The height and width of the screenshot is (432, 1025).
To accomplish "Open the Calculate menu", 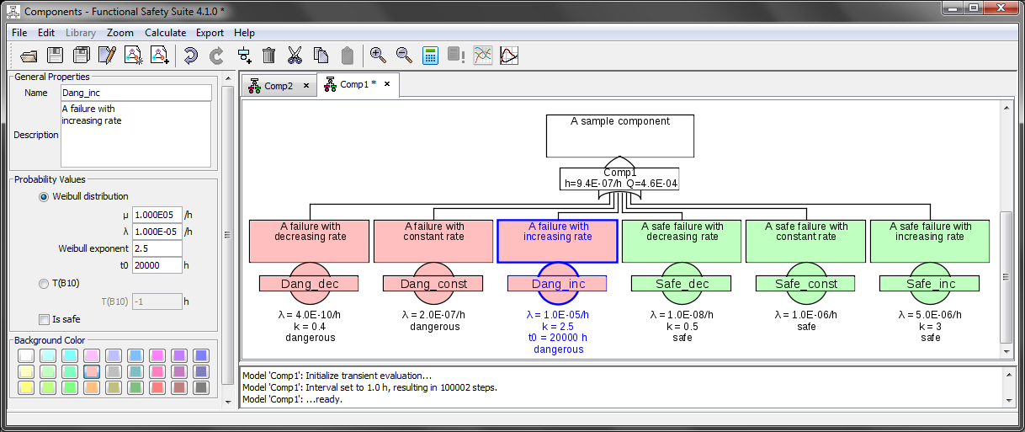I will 165,33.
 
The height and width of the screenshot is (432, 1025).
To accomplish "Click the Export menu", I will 210,33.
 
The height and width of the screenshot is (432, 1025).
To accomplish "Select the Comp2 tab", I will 278,86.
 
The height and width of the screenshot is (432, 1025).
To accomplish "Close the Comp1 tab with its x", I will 387,84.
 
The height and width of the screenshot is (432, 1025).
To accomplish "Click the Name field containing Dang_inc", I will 135,93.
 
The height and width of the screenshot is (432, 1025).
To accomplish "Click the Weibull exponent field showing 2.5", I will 157,248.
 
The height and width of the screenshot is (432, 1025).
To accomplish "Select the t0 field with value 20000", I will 157,265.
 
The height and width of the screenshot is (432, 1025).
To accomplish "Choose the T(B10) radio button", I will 44,284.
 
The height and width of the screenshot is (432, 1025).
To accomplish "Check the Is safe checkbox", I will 44,319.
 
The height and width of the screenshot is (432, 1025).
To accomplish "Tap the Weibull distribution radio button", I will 44,196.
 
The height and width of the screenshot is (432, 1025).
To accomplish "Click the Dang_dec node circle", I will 309,284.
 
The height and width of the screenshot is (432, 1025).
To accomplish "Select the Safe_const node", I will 805,284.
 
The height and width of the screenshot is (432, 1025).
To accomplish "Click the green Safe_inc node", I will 930,284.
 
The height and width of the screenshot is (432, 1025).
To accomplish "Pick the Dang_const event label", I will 433,284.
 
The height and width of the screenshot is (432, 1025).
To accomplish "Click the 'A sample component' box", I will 620,136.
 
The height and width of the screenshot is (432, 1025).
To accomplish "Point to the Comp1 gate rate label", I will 620,183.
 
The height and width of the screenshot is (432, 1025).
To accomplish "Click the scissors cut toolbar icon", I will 295,56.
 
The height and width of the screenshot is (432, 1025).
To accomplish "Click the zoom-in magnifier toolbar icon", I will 378,56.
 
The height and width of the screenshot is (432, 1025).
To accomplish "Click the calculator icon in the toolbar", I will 430,56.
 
